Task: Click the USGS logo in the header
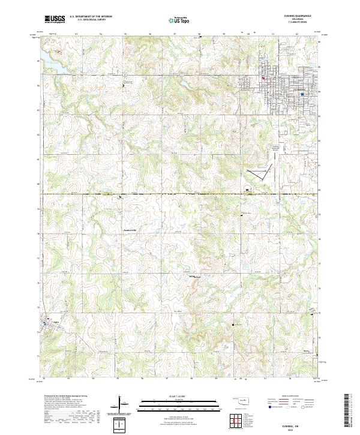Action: click(55, 20)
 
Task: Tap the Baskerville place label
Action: click(130, 230)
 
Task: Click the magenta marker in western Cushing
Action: click(263, 77)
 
